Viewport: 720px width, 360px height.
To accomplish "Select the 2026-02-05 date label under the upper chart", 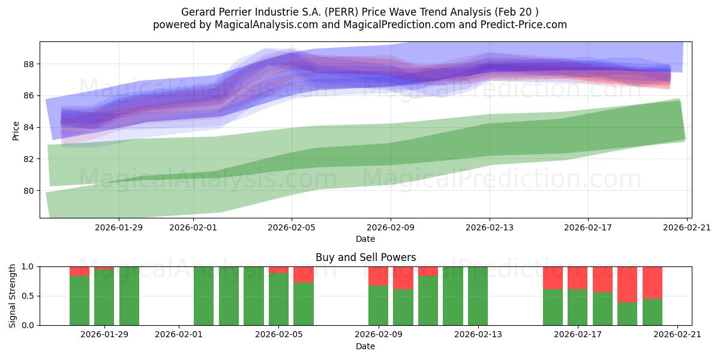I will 292,227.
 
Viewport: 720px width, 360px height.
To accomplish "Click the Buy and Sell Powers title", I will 365,257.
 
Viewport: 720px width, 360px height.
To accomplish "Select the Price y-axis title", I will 16,130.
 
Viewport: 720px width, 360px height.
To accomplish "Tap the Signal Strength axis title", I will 13,296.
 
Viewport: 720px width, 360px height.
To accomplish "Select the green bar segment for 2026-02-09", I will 378,305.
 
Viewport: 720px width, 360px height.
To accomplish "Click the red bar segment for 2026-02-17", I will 577,278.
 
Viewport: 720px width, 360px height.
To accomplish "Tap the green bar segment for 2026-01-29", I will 104,297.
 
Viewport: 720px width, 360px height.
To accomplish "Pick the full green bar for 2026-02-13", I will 478,296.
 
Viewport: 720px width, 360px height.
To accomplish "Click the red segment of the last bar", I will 652,282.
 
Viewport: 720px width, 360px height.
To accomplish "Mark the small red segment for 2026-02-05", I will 278,270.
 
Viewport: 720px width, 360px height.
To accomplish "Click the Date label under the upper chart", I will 365,239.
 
